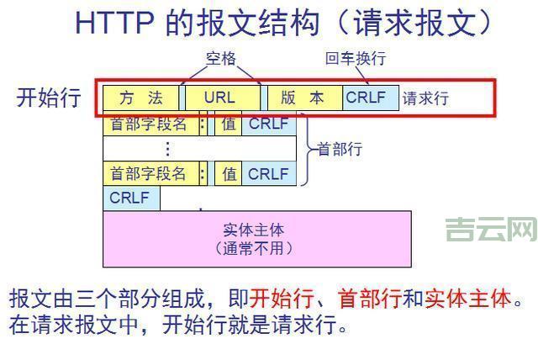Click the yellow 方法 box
pyautogui.click(x=140, y=98)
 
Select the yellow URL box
pyautogui.click(x=220, y=98)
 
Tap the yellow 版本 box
pyautogui.click(x=303, y=98)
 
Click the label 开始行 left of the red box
pyautogui.click(x=49, y=98)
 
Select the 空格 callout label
pyautogui.click(x=221, y=60)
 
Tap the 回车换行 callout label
pyautogui.click(x=356, y=60)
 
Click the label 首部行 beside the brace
pyautogui.click(x=339, y=149)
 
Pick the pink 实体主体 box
pyautogui.click(x=256, y=239)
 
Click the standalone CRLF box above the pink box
pyautogui.click(x=130, y=199)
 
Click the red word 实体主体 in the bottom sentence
pyautogui.click(x=467, y=298)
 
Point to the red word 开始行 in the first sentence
pyautogui.click(x=282, y=298)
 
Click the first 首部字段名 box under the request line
pyautogui.click(x=149, y=124)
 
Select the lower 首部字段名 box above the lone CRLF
pyautogui.click(x=149, y=174)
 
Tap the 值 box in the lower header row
pyautogui.click(x=228, y=174)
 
